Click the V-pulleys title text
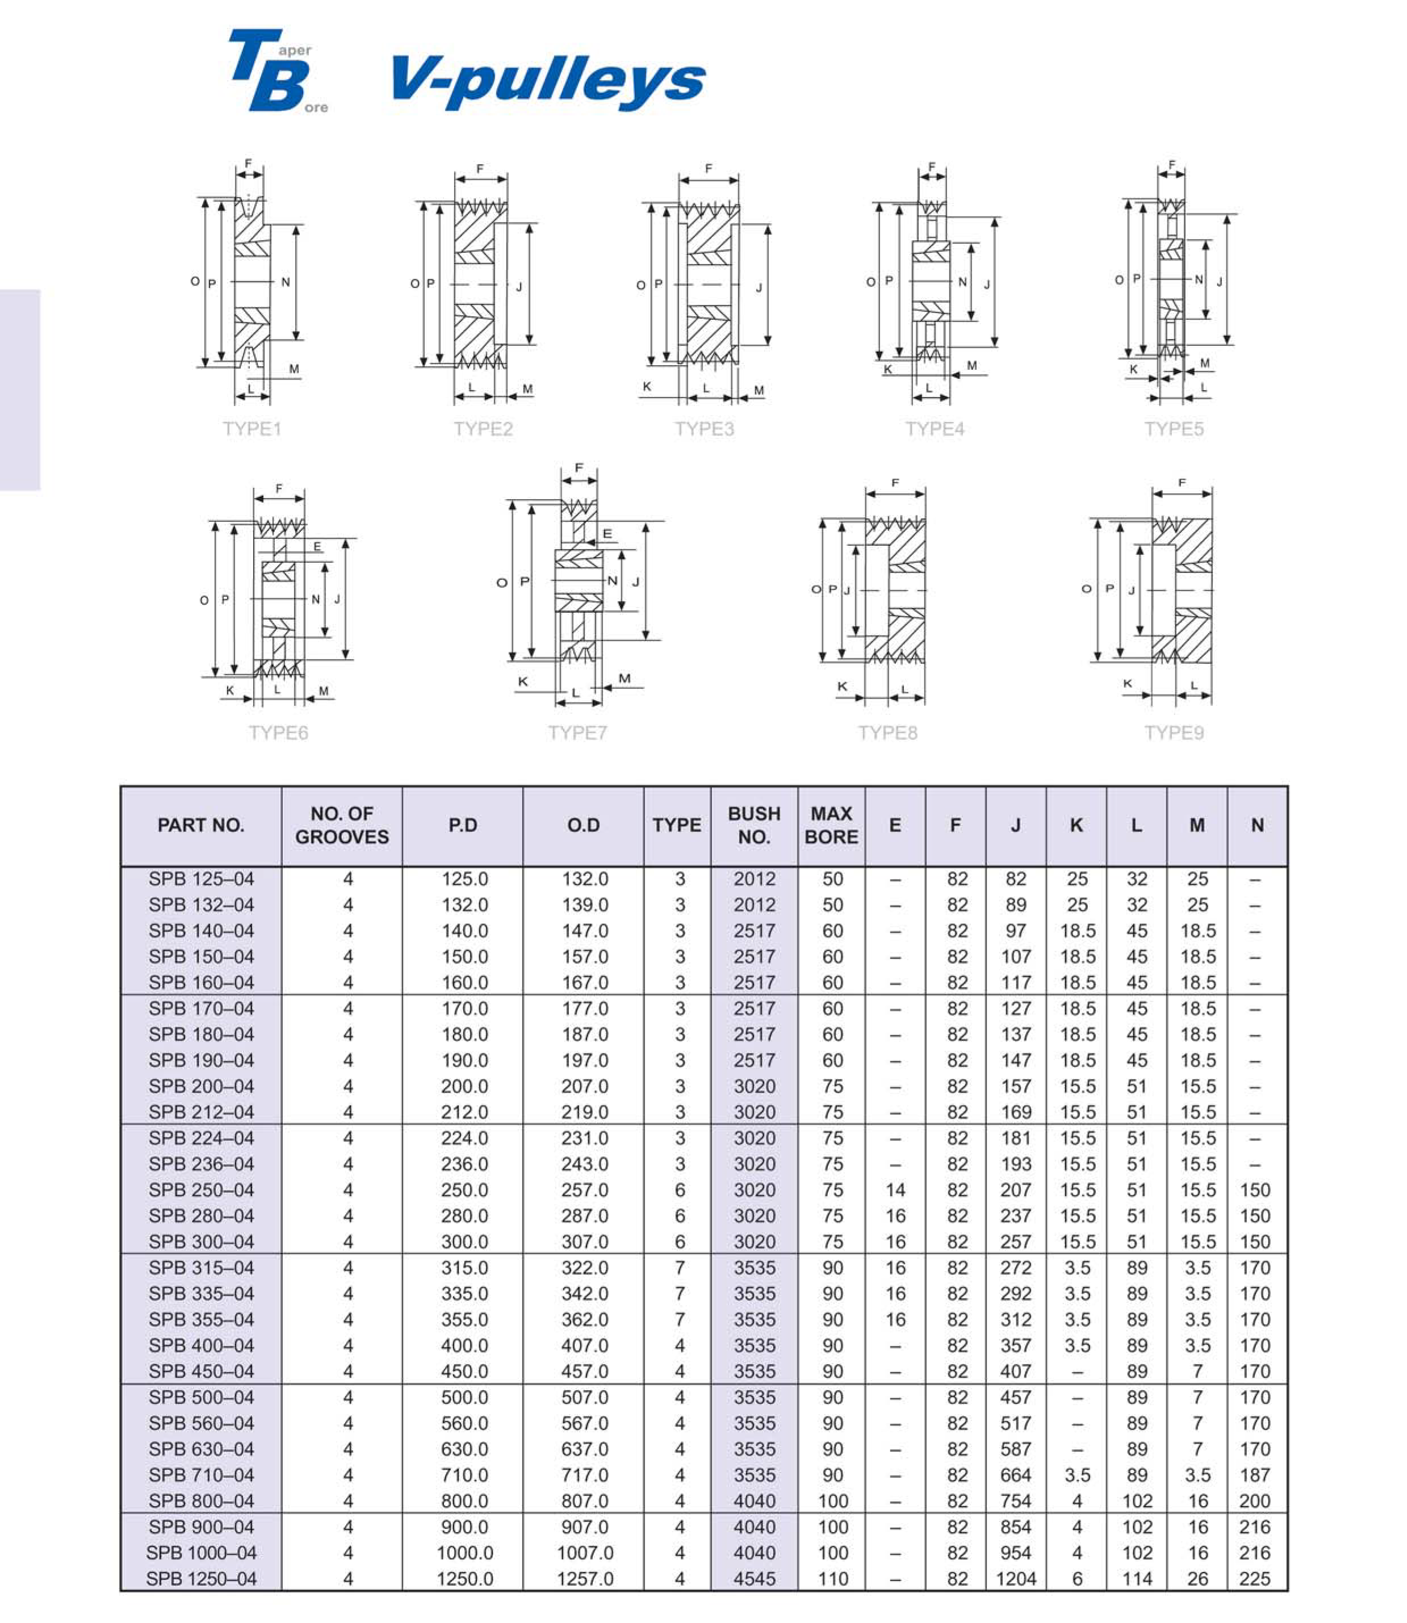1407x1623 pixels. tap(548, 80)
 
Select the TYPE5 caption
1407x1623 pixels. tap(1173, 429)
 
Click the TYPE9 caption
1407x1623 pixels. tap(1173, 733)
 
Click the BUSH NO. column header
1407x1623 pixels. tap(754, 825)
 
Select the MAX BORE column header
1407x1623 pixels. tap(831, 825)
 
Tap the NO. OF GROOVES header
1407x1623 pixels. tap(342, 825)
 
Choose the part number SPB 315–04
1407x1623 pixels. tap(201, 1268)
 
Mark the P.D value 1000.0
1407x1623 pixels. tap(465, 1553)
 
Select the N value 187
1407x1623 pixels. tap(1255, 1475)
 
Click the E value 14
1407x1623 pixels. tap(895, 1190)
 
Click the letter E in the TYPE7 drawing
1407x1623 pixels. tap(607, 534)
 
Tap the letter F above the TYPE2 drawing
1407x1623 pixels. tap(480, 169)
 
